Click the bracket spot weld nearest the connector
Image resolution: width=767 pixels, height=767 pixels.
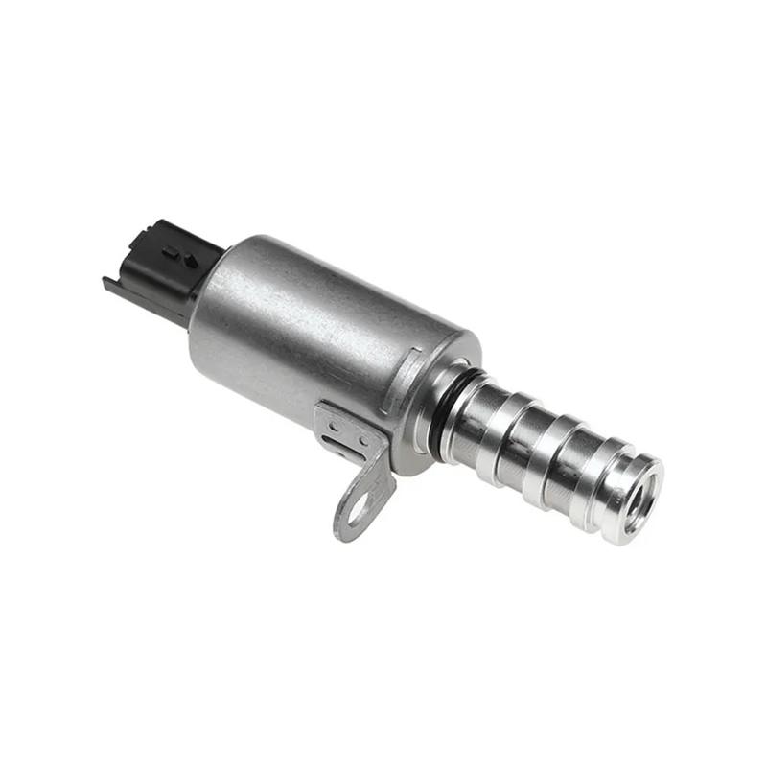[333, 423]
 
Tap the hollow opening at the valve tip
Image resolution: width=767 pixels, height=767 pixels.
[638, 500]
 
